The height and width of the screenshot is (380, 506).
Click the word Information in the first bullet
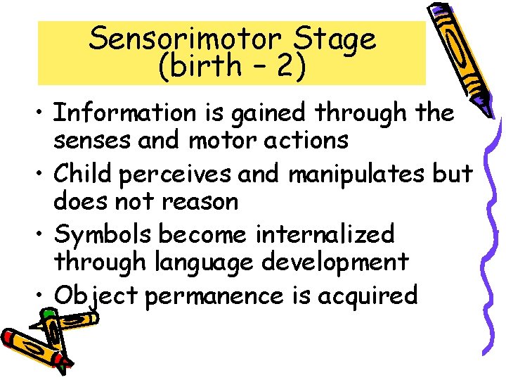(125, 112)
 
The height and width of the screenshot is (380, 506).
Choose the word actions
(309, 140)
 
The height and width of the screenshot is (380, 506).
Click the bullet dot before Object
(43, 296)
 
